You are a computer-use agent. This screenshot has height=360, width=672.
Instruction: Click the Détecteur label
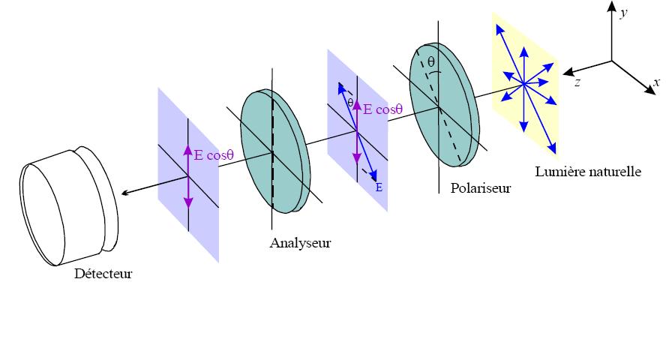pos(103,274)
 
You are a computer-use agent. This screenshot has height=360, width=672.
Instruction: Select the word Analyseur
pos(300,243)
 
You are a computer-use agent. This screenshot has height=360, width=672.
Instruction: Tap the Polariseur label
pos(481,188)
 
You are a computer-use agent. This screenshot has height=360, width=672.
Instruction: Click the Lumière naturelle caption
pos(589,172)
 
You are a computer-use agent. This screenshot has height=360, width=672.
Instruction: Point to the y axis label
pos(622,13)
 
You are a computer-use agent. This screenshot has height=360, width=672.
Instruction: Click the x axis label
pos(657,82)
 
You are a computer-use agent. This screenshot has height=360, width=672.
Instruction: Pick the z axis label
pos(577,82)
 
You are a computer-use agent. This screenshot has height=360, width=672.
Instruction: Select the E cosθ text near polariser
pos(383,109)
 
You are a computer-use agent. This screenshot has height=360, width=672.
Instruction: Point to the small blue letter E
pos(379,187)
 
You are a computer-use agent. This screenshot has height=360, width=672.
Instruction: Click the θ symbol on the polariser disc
pos(430,63)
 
